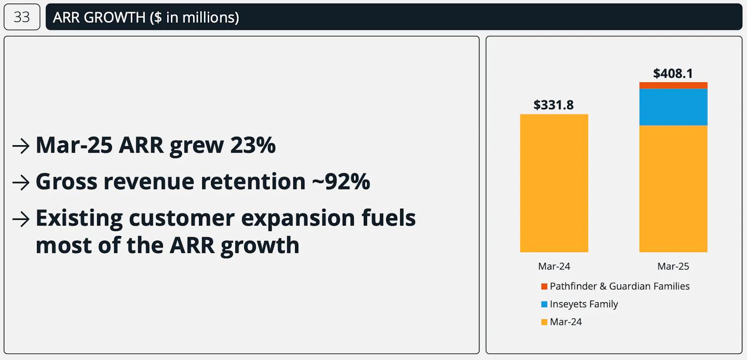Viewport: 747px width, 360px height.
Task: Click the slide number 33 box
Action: (x=22, y=17)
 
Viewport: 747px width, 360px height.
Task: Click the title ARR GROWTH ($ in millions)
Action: (x=146, y=17)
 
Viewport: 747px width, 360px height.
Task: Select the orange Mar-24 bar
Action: (x=554, y=183)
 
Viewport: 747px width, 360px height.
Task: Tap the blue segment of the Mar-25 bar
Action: (x=673, y=107)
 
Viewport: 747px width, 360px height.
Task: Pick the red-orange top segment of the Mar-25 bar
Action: (x=673, y=85)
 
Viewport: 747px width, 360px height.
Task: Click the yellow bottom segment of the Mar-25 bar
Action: (x=673, y=189)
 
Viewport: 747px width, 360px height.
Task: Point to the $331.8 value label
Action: (x=554, y=105)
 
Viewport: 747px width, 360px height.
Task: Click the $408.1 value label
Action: (x=673, y=74)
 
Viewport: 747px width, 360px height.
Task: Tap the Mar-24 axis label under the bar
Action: (x=554, y=266)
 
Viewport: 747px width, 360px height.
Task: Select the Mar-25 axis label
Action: (x=673, y=266)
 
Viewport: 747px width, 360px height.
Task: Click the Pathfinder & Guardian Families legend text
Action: (x=620, y=286)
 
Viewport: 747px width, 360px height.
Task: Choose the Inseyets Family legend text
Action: (x=584, y=304)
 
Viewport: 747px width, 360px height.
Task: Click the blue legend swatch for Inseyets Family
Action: (x=544, y=304)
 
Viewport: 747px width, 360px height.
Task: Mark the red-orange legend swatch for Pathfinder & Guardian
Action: (x=544, y=286)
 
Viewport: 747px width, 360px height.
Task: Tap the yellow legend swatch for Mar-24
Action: (x=544, y=322)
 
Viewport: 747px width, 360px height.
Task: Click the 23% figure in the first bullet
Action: (x=253, y=146)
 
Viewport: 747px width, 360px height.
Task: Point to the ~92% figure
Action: (x=341, y=182)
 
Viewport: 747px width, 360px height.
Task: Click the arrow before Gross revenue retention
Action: (x=21, y=183)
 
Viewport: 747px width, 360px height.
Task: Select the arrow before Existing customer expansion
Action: (x=21, y=219)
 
